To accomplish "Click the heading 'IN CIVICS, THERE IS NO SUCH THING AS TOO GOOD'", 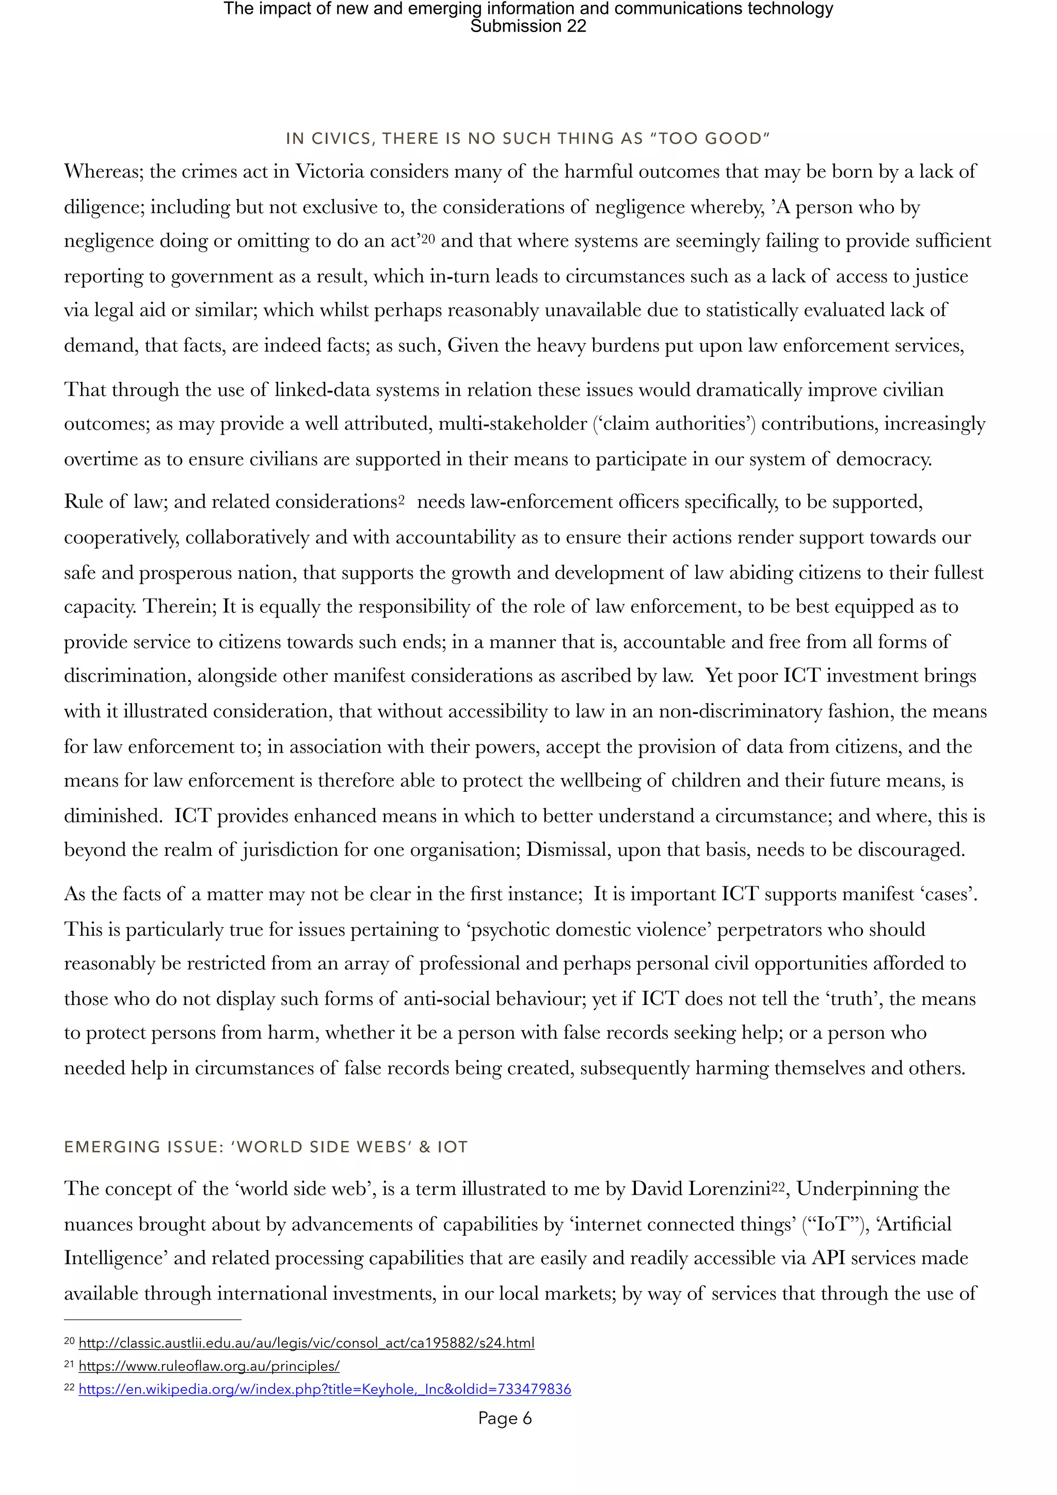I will [x=527, y=139].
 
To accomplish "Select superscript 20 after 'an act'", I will [x=428, y=238].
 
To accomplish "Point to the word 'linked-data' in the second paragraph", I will [x=316, y=389].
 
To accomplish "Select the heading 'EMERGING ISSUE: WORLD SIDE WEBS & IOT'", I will [x=266, y=1147].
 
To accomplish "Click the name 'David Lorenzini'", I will [x=701, y=1189].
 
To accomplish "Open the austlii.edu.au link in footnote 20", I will [x=306, y=1343].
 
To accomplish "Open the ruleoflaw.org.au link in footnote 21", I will [x=209, y=1366].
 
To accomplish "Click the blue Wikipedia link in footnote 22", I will [x=324, y=1390].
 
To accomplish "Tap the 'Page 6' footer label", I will [x=505, y=1418].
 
